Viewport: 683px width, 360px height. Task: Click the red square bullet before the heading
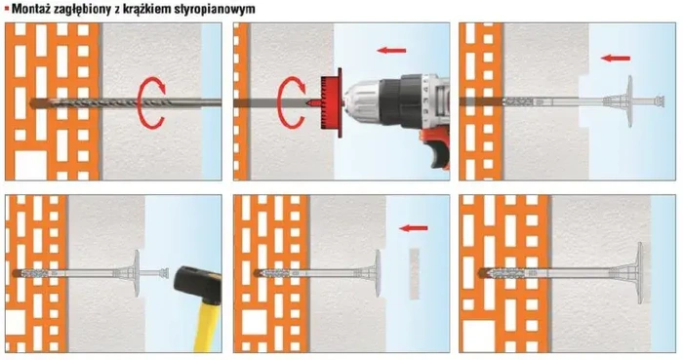click(x=6, y=9)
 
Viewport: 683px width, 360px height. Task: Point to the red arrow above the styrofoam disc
click(x=413, y=230)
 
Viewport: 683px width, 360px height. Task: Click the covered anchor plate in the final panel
click(x=637, y=272)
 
